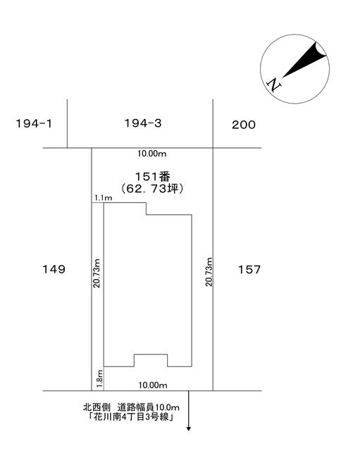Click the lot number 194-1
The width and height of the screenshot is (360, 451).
point(34,124)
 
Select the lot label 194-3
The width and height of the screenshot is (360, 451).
point(143,123)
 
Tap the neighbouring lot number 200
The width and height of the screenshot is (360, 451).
point(244,125)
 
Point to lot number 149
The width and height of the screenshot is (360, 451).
point(54,269)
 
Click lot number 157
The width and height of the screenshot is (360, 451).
point(249,269)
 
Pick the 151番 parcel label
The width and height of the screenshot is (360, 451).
point(152,176)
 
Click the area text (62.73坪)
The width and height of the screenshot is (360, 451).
point(152,189)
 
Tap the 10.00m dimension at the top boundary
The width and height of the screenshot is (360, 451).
point(152,154)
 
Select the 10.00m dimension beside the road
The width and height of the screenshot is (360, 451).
point(153,385)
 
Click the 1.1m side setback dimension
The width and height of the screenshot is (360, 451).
point(104,198)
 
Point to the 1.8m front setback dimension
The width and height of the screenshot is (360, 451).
point(99,378)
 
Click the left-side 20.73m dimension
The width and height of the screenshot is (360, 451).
point(97,273)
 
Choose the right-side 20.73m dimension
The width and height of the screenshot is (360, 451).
point(209,272)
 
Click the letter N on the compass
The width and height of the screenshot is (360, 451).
point(274,85)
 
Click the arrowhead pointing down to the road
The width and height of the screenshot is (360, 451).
point(189,428)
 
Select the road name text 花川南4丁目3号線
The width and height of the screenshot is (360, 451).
point(131,416)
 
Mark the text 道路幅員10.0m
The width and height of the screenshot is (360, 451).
point(149,407)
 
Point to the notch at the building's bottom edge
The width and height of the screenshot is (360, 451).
point(151,354)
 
